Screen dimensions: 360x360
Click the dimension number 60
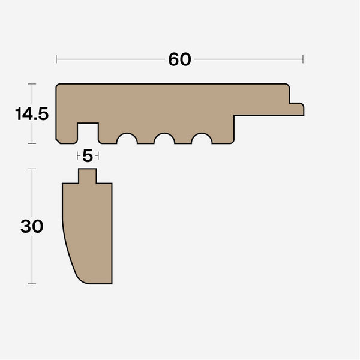click(179, 59)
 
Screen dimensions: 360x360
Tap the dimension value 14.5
click(32, 114)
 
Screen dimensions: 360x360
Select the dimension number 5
click(88, 156)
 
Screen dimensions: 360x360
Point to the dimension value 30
click(32, 226)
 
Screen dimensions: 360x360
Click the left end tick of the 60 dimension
click(56, 59)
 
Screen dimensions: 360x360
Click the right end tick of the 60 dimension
click(303, 59)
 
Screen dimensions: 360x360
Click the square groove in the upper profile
click(88, 133)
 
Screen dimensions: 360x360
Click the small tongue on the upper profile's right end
click(296, 109)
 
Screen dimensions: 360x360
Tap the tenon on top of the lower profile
click(88, 176)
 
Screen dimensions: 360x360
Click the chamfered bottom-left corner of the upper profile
click(58, 142)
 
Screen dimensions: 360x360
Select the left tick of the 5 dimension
click(78, 156)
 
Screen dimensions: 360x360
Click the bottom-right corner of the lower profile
click(112, 283)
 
